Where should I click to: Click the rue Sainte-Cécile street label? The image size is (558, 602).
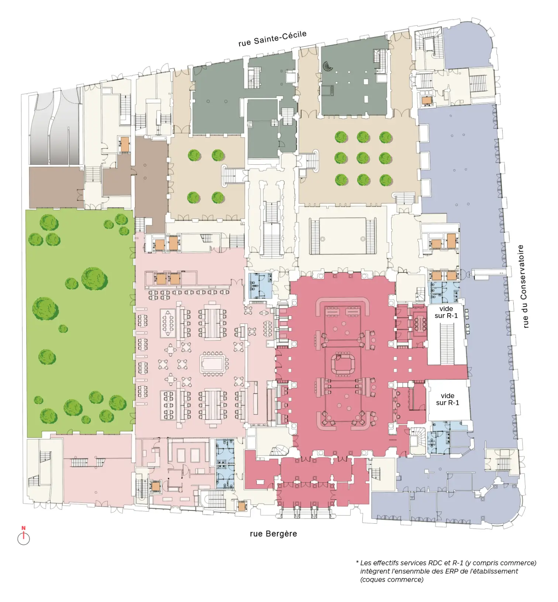coord(272,38)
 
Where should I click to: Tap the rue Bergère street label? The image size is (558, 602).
coord(273,534)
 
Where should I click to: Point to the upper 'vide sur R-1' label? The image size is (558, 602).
coord(446,312)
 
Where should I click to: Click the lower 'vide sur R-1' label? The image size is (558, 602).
coord(447,399)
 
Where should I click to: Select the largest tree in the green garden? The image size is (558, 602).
coord(94,278)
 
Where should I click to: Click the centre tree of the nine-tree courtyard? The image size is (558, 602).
coord(363,158)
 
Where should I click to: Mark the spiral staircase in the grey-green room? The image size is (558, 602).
coord(328,66)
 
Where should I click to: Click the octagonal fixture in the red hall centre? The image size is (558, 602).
coord(343,364)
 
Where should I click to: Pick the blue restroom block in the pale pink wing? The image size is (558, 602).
coord(225,464)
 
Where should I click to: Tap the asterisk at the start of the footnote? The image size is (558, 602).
coord(357,562)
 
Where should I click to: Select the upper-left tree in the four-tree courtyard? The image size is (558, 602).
coord(194,155)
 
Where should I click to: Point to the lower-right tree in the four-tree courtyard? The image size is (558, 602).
coord(218,198)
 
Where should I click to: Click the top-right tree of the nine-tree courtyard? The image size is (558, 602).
coord(386,137)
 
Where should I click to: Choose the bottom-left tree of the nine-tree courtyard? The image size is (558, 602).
coord(341,180)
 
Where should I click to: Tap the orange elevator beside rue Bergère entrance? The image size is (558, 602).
coord(242,506)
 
